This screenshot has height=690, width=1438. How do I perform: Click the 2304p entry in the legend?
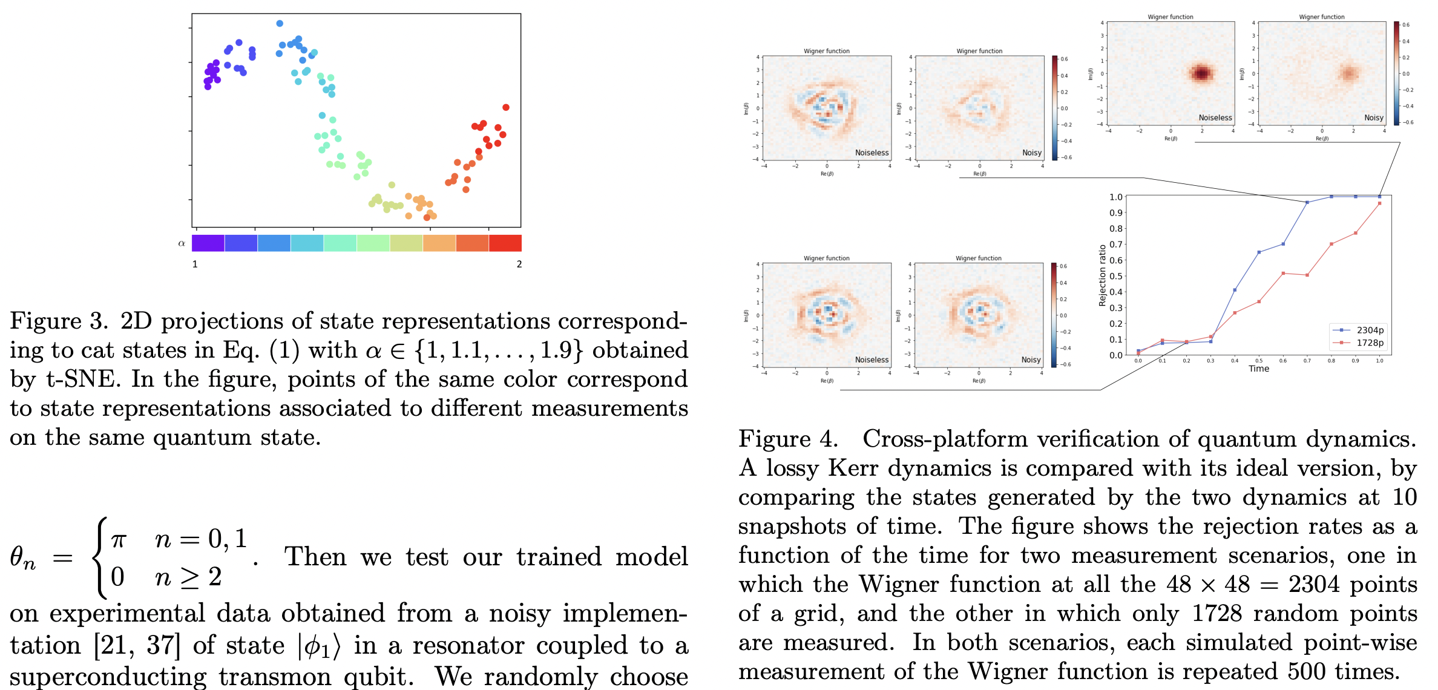click(1370, 330)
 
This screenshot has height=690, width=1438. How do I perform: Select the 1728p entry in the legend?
click(1370, 343)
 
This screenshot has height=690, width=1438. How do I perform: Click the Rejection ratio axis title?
click(1102, 275)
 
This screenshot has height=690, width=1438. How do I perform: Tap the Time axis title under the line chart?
click(1258, 369)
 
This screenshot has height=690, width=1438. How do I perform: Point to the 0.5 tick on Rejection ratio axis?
click(1115, 276)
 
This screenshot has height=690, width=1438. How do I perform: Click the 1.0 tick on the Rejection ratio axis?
click(1115, 197)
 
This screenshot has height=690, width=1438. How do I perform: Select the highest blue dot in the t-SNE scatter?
click(280, 24)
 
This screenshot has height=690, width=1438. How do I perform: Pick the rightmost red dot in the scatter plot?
click(506, 107)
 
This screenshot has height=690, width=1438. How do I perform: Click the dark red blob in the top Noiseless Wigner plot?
click(1201, 73)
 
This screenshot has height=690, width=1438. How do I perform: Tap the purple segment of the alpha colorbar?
click(208, 243)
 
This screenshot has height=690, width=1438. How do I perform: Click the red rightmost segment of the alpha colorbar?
click(505, 243)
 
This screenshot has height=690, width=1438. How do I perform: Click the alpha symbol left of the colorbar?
click(181, 243)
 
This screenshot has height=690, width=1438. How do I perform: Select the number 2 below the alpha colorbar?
click(519, 264)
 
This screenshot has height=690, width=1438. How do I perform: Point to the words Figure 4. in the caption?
click(788, 439)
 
